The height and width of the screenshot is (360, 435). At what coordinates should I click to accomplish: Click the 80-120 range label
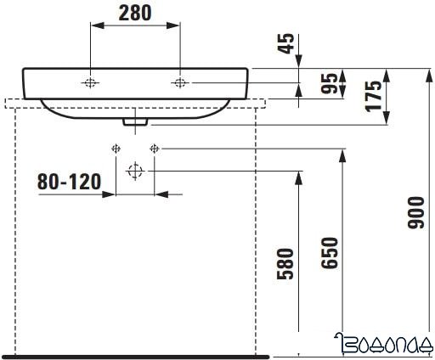70,182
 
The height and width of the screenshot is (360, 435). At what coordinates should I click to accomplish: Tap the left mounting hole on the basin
90,82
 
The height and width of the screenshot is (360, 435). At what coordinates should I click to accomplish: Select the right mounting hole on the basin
179,82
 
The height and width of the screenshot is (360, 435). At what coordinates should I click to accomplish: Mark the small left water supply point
116,149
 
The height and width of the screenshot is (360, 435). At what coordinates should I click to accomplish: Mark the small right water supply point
154,149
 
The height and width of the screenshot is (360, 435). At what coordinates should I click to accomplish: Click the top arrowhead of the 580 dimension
299,177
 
